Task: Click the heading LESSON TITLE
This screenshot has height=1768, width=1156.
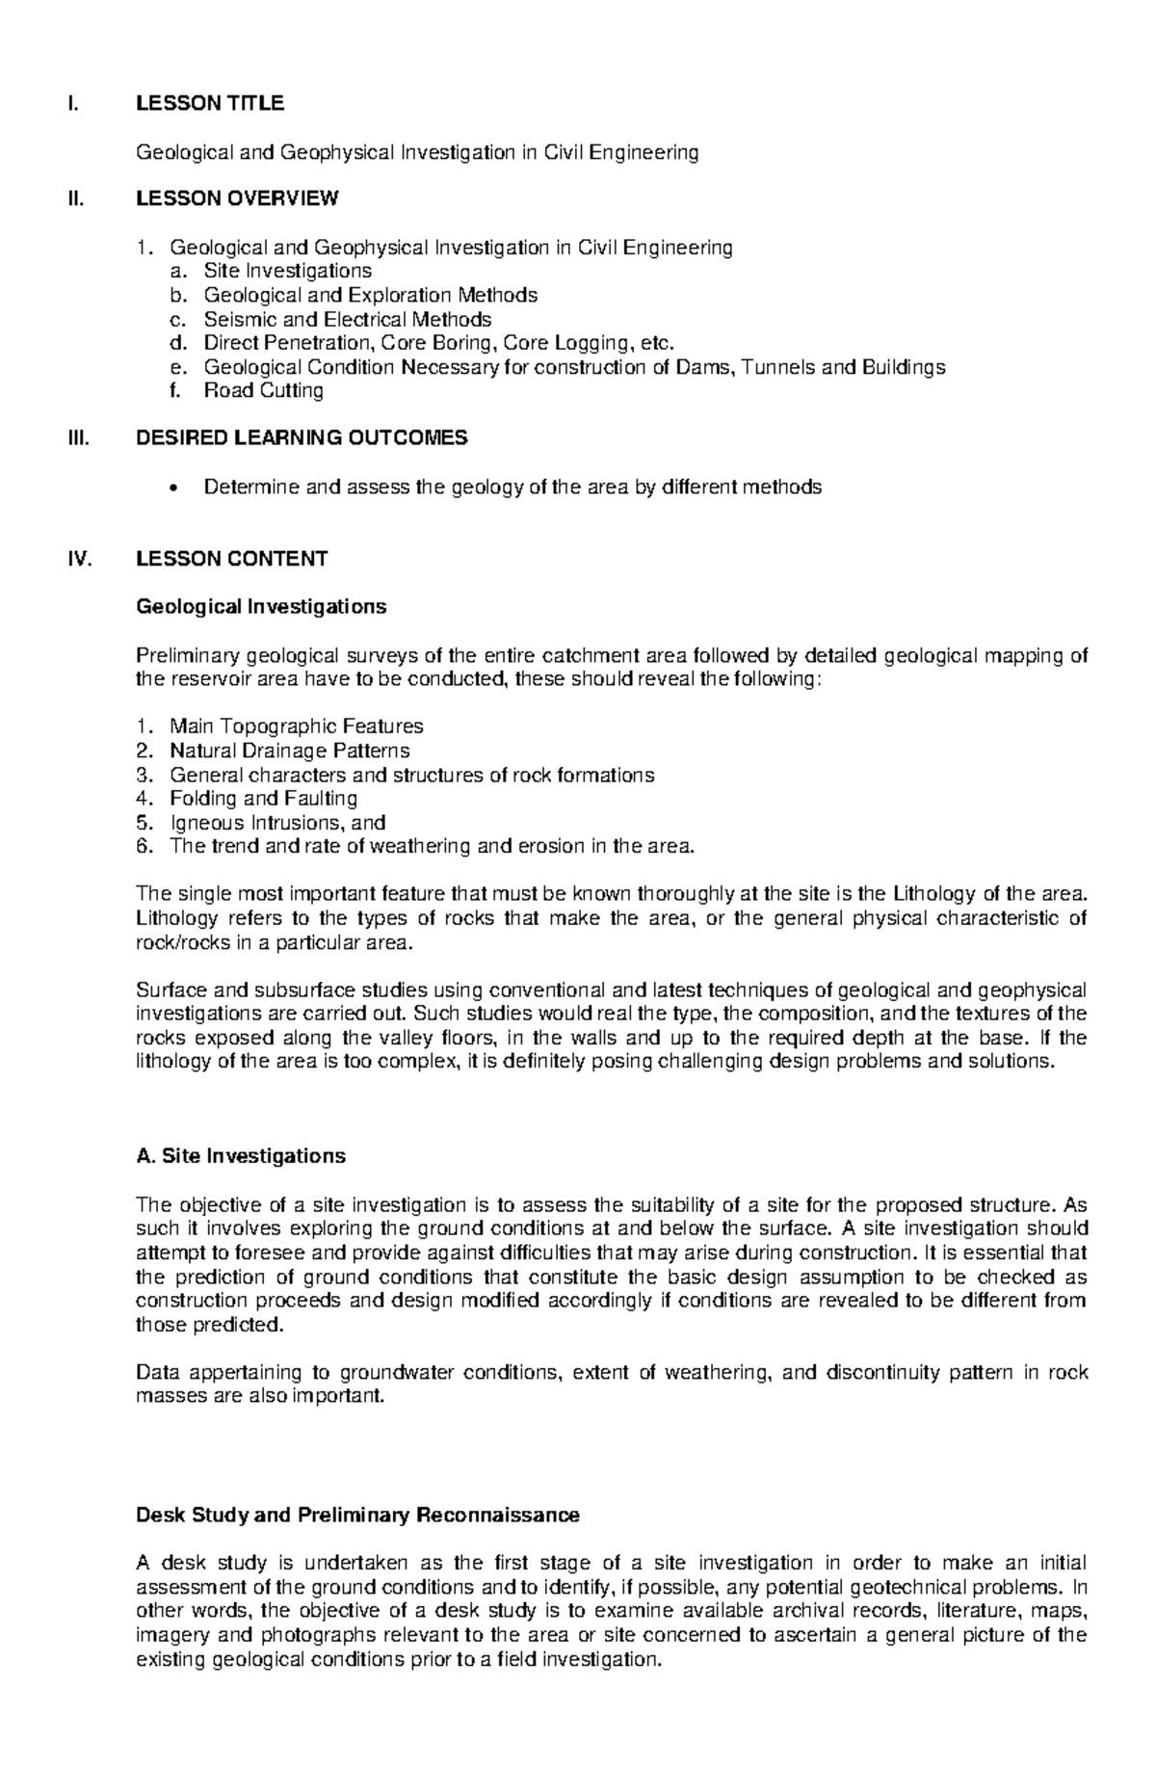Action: point(210,103)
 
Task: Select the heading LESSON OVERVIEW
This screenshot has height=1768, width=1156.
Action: point(237,199)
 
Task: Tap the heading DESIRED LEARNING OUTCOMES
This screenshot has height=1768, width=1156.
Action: point(302,438)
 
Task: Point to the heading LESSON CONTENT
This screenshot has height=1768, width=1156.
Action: point(231,559)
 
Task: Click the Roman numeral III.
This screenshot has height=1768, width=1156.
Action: point(77,438)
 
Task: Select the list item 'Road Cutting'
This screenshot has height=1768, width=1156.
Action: point(263,390)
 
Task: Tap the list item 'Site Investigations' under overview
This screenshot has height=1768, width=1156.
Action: point(287,271)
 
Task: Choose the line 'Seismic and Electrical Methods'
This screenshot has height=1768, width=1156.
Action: point(347,319)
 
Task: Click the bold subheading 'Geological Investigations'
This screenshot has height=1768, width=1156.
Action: point(261,607)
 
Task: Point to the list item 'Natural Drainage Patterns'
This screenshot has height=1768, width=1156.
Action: point(289,751)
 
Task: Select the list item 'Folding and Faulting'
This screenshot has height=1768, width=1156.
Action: point(263,799)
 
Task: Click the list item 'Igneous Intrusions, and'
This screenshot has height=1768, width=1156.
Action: point(277,823)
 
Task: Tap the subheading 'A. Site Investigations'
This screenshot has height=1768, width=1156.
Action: point(241,1155)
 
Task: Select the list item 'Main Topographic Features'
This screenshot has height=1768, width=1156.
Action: point(296,726)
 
